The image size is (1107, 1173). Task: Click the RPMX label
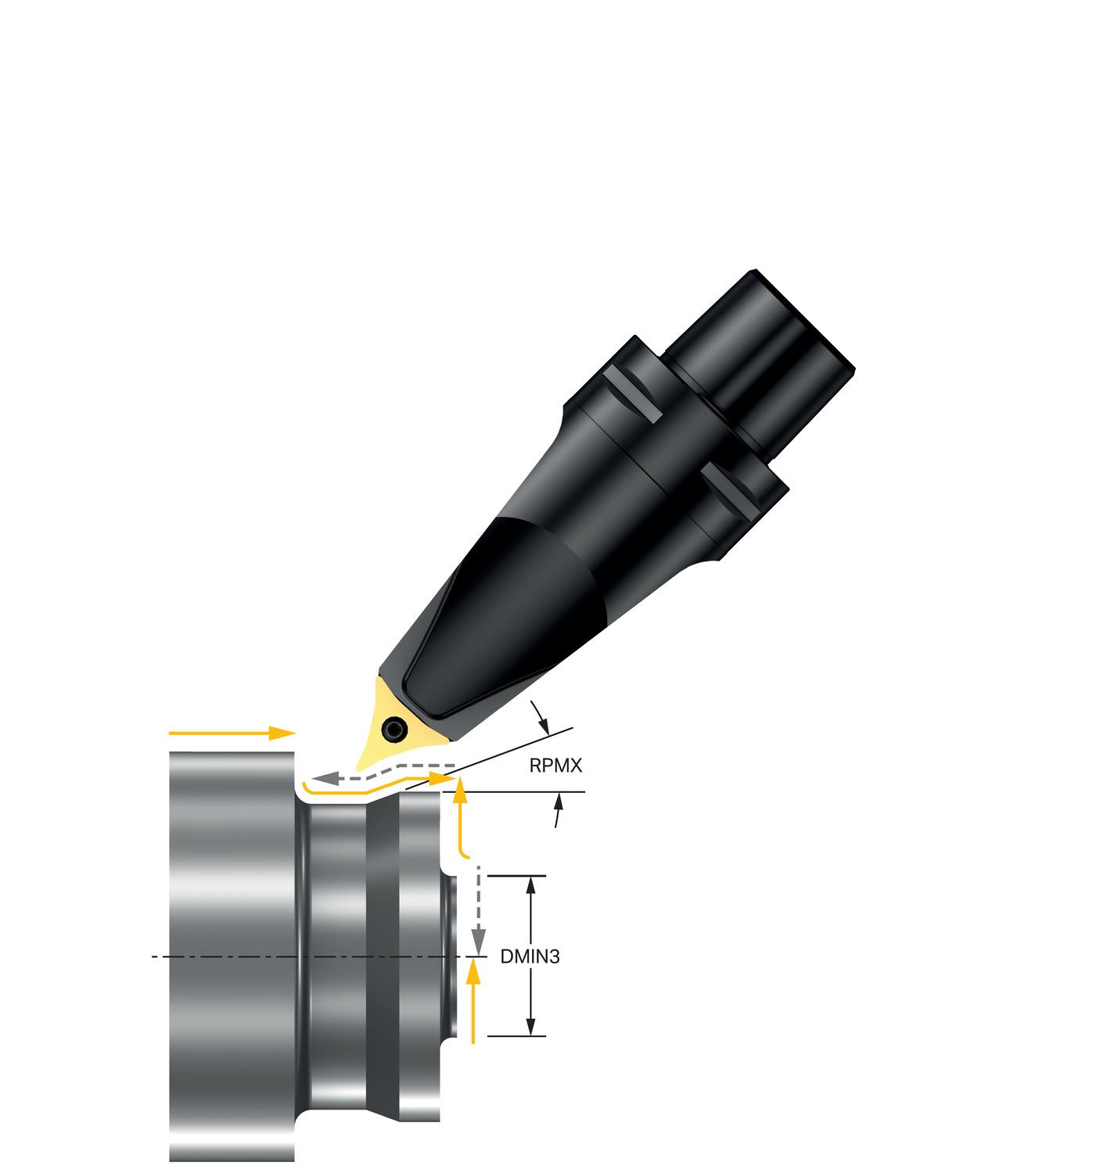click(x=555, y=766)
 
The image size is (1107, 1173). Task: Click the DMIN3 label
click(x=530, y=956)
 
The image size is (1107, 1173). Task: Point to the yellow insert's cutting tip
click(x=358, y=769)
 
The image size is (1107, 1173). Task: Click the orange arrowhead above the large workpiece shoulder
click(x=282, y=733)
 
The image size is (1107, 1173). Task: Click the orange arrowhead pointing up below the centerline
click(x=472, y=972)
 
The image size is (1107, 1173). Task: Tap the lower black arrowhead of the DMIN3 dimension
click(x=530, y=1025)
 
